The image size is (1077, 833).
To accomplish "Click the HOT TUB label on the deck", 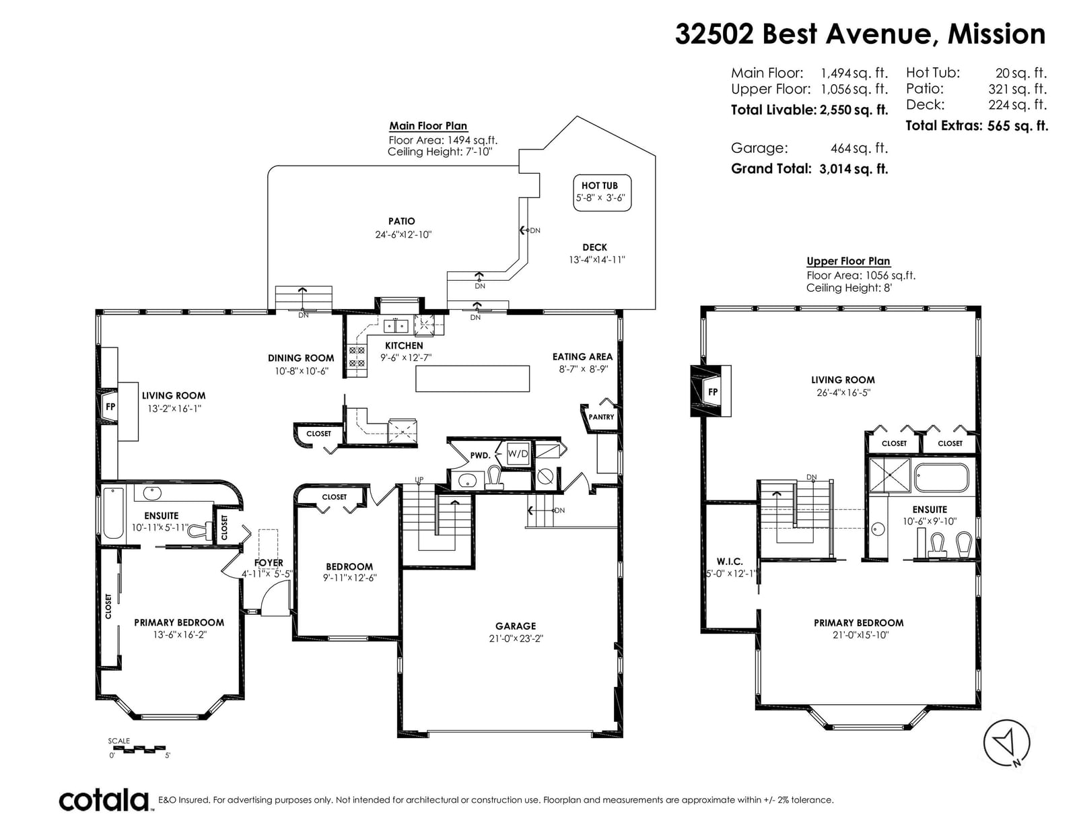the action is point(599,185).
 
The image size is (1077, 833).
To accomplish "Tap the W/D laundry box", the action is point(518,453).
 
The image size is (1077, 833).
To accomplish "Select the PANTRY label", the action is point(601,417).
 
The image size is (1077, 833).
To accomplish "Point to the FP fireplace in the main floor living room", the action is point(110,407).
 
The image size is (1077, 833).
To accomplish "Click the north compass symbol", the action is point(1006,742).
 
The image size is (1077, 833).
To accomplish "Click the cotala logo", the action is point(104,800).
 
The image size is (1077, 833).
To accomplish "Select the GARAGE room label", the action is point(516,626).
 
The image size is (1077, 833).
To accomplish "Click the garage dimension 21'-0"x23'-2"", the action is point(516,638).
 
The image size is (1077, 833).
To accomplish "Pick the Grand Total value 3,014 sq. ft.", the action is point(854,169).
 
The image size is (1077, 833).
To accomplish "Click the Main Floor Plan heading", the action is point(428,126).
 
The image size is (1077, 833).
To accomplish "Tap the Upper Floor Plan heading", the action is point(848,261).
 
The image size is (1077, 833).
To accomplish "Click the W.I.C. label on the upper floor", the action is point(730,562).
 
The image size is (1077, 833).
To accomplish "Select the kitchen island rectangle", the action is point(473,379).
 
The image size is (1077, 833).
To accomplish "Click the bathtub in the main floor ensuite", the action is point(114,512).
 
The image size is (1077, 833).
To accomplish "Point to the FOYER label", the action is point(269,563).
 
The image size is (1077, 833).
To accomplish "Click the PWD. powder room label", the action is point(480,455).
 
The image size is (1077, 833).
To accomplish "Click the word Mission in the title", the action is point(996,34).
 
